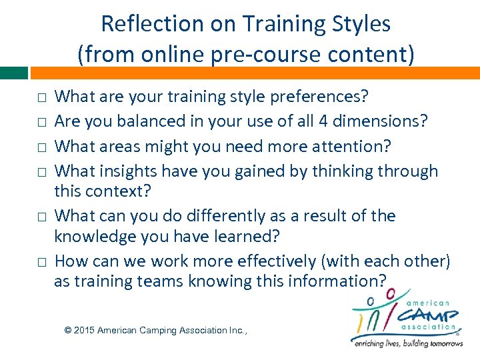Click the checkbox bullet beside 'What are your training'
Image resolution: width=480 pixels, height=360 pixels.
41,98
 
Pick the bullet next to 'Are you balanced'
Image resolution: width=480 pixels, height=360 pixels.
41,123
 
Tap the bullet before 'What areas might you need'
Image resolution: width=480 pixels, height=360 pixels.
41,147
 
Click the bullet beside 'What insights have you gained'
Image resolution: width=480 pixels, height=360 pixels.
41,172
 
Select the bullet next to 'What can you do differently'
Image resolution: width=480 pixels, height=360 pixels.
41,217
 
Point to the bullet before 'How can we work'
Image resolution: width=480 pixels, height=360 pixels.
41,262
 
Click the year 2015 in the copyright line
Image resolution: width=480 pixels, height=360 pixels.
84,331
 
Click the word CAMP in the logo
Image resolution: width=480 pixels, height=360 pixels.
429,315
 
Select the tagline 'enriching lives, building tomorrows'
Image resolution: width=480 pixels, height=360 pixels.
407,343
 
